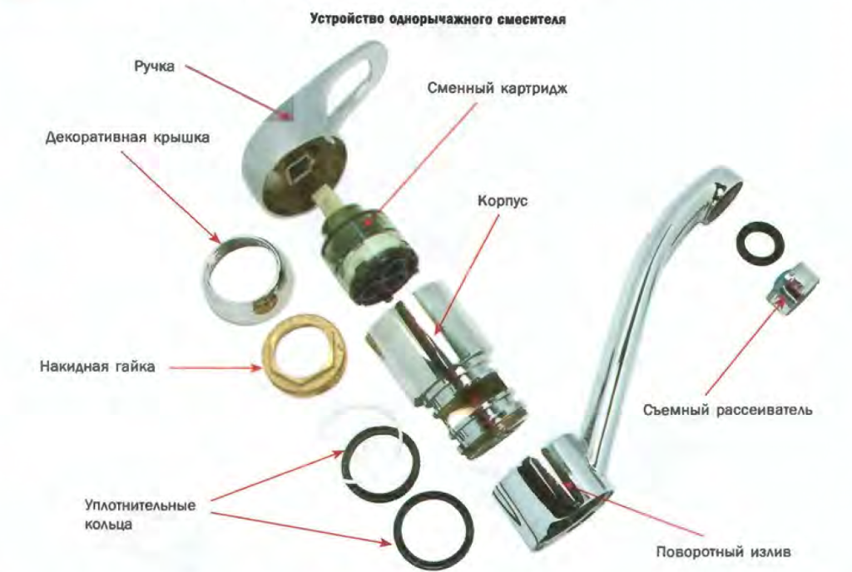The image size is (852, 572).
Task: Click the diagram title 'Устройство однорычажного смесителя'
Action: [438, 19]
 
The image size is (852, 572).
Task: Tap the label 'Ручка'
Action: [154, 67]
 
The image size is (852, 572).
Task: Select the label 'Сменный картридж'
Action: [497, 88]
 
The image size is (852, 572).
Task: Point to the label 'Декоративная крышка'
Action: [127, 137]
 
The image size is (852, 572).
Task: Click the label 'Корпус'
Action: [503, 201]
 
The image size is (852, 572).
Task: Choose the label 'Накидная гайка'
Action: [97, 367]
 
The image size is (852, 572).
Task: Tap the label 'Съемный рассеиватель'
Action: [727, 410]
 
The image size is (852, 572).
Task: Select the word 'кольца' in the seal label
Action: [108, 525]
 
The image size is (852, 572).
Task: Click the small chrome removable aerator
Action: [792, 289]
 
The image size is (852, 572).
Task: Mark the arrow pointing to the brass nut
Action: [215, 368]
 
